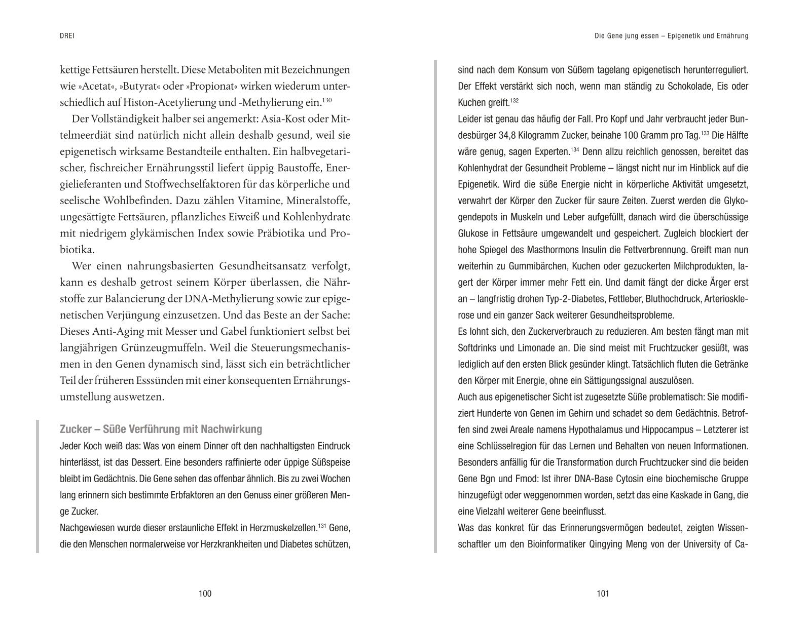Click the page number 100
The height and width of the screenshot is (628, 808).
click(205, 594)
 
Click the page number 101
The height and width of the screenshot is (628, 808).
click(603, 594)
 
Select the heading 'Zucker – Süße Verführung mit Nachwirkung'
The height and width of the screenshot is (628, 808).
click(161, 429)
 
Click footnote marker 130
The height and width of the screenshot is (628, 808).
click(327, 100)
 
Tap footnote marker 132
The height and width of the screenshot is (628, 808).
click(515, 100)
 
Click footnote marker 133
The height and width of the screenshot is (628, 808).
click(705, 133)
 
